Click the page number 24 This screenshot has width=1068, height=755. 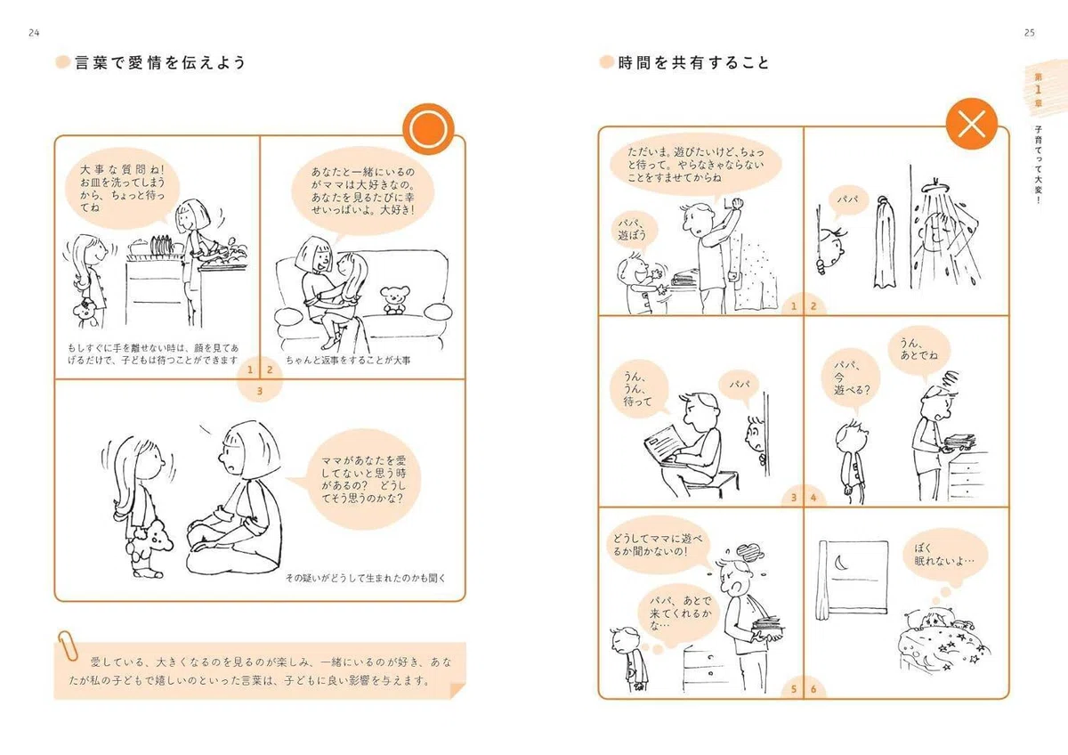(34, 33)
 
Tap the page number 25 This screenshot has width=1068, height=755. (1030, 33)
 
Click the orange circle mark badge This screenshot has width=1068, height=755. (428, 129)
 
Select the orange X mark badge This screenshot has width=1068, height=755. (972, 124)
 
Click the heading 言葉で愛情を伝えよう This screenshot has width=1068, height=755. (160, 62)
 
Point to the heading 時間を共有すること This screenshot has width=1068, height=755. (693, 62)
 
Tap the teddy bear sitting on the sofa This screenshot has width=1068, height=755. (393, 299)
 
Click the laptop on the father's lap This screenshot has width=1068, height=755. (667, 447)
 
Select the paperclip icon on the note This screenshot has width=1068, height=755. (68, 645)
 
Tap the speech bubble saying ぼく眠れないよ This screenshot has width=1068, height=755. (944, 557)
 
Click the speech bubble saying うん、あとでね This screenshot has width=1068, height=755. (919, 350)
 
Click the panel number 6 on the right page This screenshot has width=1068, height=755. (813, 689)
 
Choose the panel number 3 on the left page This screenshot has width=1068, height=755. (260, 391)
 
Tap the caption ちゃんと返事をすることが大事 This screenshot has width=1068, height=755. (348, 360)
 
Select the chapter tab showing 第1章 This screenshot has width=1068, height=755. (1038, 90)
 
